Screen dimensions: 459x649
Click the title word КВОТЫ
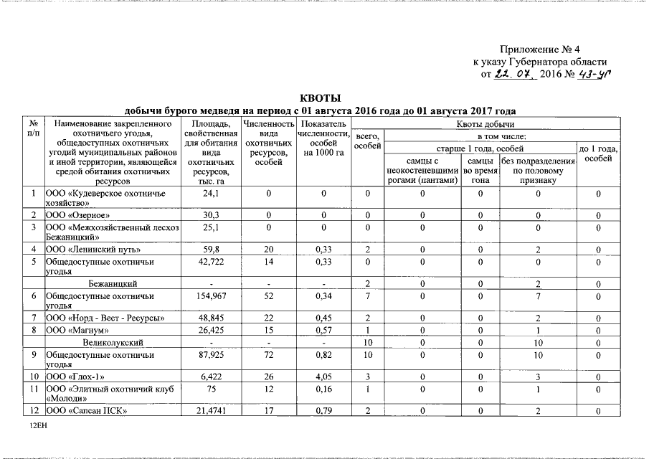[x=319, y=98]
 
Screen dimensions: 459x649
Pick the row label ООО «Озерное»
[x=77, y=215]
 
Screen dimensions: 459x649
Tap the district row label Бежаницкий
[x=110, y=284]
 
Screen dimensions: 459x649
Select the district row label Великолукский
[x=113, y=343]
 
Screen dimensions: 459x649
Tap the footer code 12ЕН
[x=37, y=425]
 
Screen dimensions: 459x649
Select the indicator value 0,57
[x=323, y=331]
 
